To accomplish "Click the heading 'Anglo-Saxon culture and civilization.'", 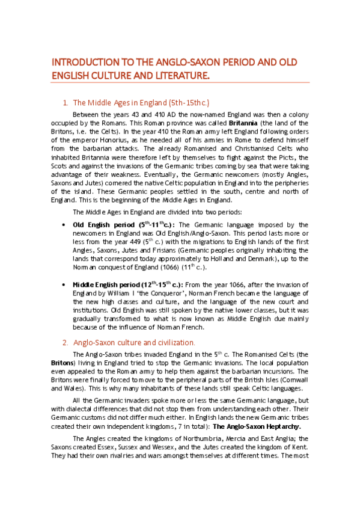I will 134,342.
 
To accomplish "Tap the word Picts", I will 287,158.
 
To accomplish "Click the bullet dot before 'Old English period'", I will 64,224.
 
